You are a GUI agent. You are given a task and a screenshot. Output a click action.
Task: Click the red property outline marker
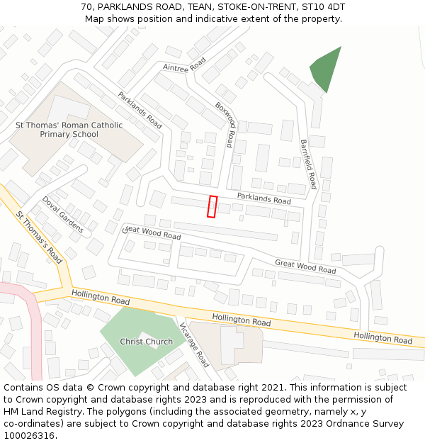coord(212,206)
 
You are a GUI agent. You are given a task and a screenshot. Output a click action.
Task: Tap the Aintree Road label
coord(183,67)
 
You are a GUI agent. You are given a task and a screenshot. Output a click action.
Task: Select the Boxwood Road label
coord(225,125)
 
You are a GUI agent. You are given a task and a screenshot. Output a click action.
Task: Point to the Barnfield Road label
coord(307,163)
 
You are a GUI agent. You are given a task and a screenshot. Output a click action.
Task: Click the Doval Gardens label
coord(62,214)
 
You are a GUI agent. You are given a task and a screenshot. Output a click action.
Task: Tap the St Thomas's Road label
coord(39,237)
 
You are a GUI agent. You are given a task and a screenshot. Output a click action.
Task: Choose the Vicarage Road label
coord(194,345)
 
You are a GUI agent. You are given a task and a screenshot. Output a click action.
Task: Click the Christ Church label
coord(146,342)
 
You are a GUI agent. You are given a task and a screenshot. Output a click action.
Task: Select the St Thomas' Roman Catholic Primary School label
coord(69,130)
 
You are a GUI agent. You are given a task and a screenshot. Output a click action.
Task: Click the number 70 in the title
coord(86,7)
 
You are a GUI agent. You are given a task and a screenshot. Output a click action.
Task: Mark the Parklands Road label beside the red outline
coord(263,201)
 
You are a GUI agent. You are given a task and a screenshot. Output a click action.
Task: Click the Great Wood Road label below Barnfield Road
coord(305,267)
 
